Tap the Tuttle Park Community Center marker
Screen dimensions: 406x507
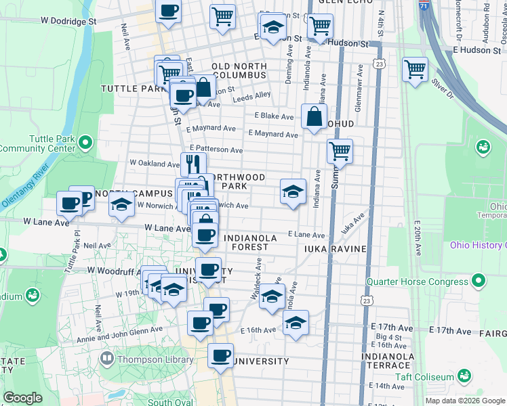pos(85,142)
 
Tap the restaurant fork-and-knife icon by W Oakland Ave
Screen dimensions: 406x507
pos(193,163)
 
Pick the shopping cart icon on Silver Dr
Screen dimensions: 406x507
pos(415,69)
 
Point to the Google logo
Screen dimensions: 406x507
pos(22,398)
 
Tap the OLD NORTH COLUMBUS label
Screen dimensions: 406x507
pos(239,70)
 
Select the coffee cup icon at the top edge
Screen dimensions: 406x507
pos(168,10)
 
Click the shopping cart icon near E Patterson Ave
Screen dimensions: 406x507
pos(340,152)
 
